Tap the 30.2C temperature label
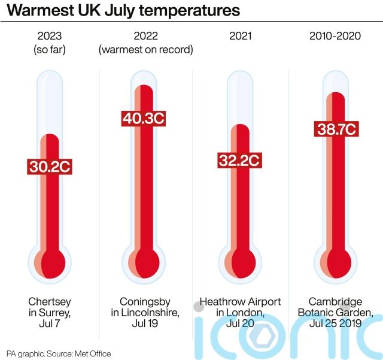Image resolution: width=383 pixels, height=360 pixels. [x=50, y=167]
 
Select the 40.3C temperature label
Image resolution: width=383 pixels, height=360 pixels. [x=144, y=118]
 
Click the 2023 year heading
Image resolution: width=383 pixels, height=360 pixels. [x=50, y=36]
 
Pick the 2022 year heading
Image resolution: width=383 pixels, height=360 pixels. [x=145, y=36]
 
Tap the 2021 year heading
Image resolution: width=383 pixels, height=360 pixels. [x=240, y=36]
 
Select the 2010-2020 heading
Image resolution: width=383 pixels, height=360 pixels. [x=335, y=36]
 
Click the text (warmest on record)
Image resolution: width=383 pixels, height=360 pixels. [x=145, y=50]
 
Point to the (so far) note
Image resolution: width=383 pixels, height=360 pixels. [x=50, y=50]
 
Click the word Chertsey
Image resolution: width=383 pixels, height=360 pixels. [x=50, y=301]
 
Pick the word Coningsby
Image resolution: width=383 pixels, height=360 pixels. [x=145, y=301]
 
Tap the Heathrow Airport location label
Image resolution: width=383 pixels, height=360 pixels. [x=240, y=301]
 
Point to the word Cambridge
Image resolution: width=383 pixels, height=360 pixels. [x=335, y=301]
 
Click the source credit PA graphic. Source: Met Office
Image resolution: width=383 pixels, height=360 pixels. [x=59, y=353]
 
